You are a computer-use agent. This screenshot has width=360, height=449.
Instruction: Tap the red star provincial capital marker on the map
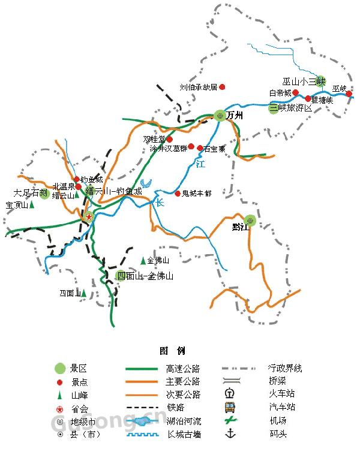[x=89, y=216]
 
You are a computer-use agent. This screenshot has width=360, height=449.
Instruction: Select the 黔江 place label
[x=240, y=227]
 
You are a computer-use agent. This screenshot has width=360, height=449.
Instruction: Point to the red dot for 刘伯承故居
[x=222, y=87]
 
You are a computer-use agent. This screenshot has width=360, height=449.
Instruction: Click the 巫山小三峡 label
[x=303, y=81]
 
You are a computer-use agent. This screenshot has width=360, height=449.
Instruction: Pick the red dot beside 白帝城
[x=296, y=93]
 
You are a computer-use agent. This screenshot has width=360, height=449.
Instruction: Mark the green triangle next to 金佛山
[x=143, y=261]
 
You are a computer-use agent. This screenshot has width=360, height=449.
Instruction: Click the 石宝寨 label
[x=214, y=149]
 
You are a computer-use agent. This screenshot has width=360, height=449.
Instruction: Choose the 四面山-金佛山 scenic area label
[x=145, y=276]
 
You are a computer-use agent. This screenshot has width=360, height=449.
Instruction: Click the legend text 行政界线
[x=286, y=368]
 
